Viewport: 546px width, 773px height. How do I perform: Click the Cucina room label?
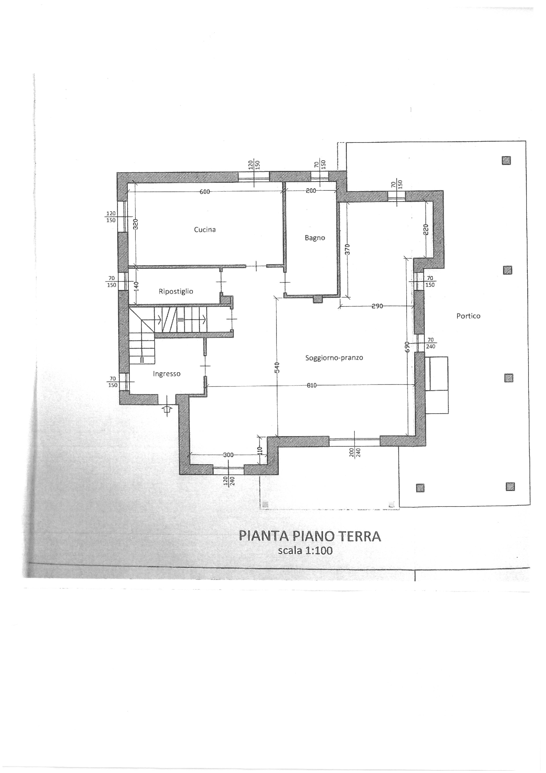(204, 229)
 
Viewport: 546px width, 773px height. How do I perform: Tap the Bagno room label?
(315, 238)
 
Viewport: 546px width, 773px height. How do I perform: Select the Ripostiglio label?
(176, 292)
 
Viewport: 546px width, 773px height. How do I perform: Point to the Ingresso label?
(166, 374)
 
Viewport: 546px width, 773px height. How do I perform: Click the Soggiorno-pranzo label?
(334, 358)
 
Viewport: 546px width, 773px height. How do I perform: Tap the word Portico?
(468, 316)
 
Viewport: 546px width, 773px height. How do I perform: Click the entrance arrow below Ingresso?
(167, 410)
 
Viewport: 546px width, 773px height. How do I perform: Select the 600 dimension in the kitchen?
(204, 191)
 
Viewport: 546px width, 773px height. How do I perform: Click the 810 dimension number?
(311, 386)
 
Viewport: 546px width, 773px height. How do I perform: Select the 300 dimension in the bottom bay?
(228, 455)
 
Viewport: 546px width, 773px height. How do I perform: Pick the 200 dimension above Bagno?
(311, 191)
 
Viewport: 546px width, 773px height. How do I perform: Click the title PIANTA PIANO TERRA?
(310, 536)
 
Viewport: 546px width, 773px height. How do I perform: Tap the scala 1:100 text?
(305, 550)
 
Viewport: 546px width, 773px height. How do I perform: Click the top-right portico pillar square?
(506, 161)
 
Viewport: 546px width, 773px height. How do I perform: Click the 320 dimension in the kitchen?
(136, 224)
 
